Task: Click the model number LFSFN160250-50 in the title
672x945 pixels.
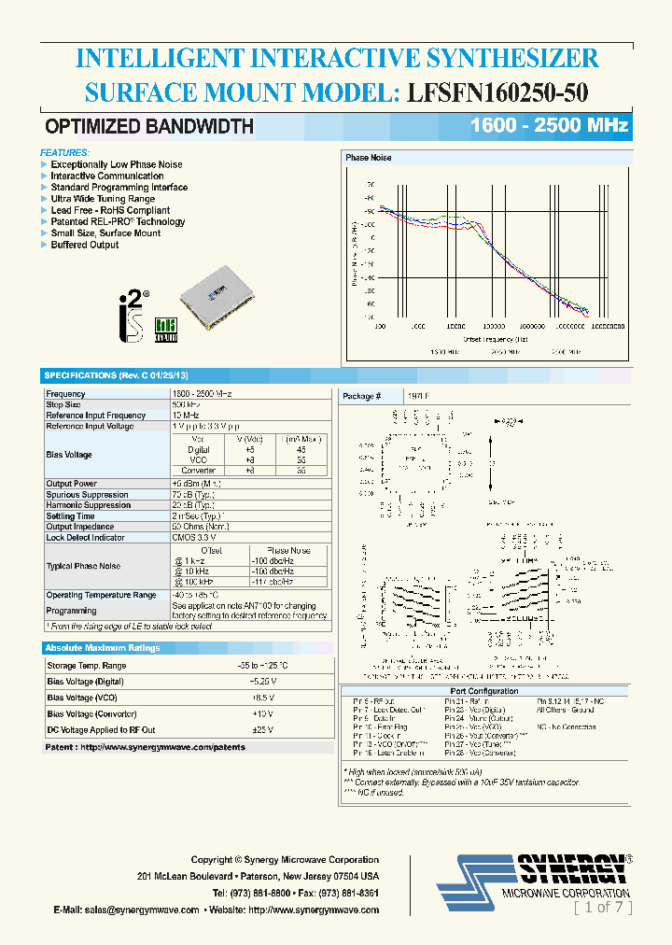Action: click(x=497, y=92)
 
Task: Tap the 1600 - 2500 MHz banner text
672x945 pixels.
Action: click(x=549, y=126)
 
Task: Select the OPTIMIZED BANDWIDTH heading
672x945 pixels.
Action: click(x=149, y=127)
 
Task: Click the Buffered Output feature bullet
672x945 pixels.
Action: click(x=84, y=245)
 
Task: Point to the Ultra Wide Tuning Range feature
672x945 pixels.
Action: click(x=103, y=199)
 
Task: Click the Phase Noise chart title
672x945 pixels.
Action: click(x=370, y=158)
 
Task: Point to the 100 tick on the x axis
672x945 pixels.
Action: click(x=380, y=328)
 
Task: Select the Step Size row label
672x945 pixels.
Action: click(x=63, y=404)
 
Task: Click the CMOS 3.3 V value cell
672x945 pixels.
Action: click(x=194, y=537)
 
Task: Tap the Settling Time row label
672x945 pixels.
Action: click(x=70, y=515)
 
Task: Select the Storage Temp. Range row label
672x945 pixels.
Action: click(x=86, y=666)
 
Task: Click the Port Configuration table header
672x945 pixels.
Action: click(x=481, y=691)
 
